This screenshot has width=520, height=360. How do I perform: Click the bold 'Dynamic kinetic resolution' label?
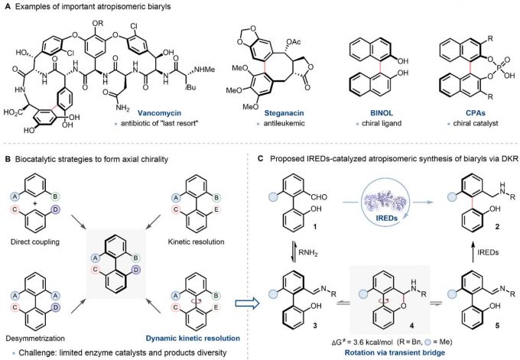(210, 334)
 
